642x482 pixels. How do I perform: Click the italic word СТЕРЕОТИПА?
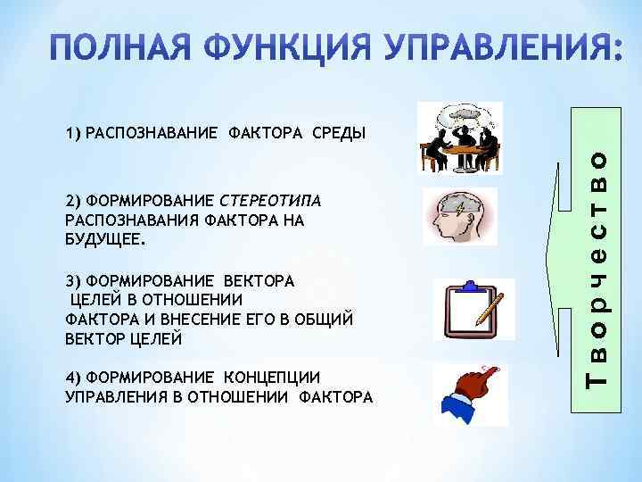pos(269,197)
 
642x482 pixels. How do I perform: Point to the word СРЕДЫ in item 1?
pos(338,135)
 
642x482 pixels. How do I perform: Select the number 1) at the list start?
pos(74,135)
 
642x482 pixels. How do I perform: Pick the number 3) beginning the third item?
pos(74,280)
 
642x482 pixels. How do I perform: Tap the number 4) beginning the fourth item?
pos(74,377)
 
